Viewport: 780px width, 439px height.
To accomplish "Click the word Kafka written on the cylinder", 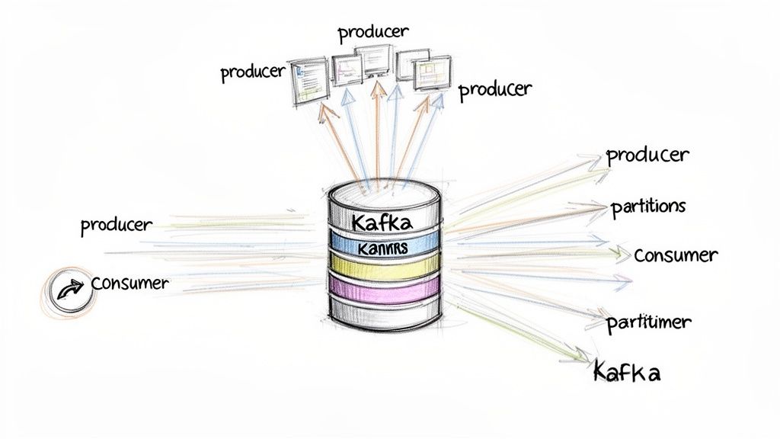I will coord(382,223).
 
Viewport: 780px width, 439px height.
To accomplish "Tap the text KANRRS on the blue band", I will coord(382,248).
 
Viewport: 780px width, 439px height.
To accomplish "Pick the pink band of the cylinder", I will coord(385,287).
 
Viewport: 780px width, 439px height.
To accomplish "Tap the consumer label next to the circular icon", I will coord(129,283).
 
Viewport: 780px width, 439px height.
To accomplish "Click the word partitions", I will coord(648,207).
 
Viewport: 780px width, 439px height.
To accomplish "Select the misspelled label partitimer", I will coord(649,322).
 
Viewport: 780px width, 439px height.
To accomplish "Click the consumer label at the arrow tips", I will coord(675,255).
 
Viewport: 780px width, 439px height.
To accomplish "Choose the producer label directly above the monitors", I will coord(373,32).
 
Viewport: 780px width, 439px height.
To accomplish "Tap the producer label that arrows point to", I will coord(647,155).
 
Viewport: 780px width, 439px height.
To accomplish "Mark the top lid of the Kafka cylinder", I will coord(383,191).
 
